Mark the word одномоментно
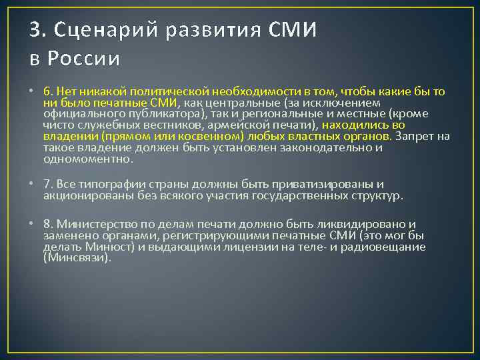(x=86, y=159)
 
